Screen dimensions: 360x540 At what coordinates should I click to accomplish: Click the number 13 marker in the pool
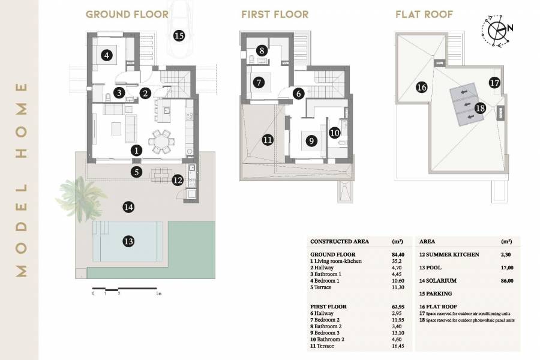pos(128,241)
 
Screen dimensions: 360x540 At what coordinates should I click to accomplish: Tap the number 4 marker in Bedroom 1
pos(107,56)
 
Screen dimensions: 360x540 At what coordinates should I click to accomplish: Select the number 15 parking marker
pos(178,35)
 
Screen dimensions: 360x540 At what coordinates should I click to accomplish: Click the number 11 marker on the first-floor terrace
pos(267,140)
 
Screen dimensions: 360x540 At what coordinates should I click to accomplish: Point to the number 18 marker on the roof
pos(479,108)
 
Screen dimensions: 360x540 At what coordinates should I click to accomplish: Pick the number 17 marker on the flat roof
pos(494,83)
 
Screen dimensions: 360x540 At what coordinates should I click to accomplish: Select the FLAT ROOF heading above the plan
pos(424,14)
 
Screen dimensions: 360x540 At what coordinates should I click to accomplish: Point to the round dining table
pos(161,141)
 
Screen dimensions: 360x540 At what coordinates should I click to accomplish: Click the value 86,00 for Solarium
pos(506,280)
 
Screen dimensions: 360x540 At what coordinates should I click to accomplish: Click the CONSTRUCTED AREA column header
pos(340,241)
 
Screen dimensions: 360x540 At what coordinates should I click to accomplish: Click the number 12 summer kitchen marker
pos(177,179)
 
